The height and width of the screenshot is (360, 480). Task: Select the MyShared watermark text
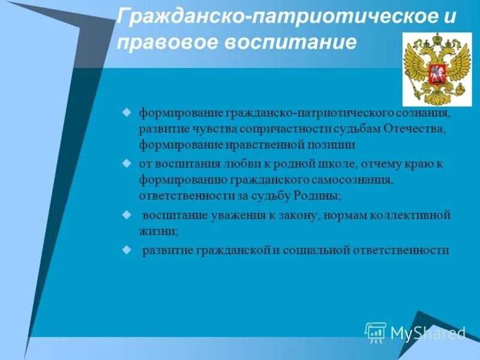428,332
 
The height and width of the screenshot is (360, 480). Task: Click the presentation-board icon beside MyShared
376,332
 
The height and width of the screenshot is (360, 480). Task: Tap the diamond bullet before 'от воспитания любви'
127,162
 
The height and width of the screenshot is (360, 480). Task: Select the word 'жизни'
157,230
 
